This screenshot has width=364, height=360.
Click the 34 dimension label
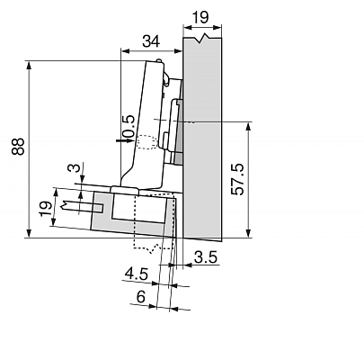151,41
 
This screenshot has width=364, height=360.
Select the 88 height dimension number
18,147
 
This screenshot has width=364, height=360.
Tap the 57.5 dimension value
238,179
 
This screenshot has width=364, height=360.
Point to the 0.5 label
129,128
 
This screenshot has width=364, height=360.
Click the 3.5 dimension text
206,257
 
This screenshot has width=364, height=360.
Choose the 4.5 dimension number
137,274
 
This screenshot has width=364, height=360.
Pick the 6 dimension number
141,297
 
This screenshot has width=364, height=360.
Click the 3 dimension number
76,167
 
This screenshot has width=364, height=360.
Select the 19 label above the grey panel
200,17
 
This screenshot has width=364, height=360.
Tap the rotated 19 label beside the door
46,209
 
